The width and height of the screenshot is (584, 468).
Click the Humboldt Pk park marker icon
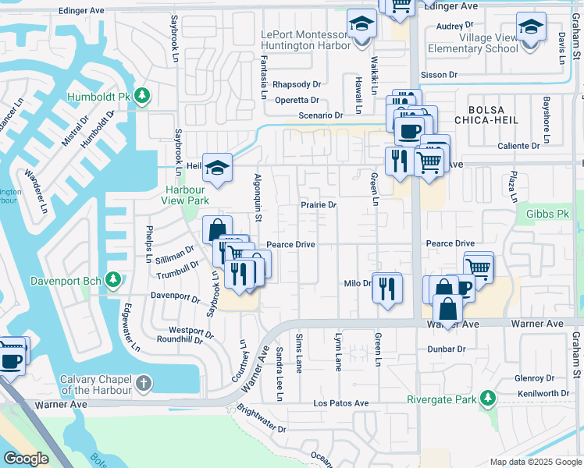pos(141,96)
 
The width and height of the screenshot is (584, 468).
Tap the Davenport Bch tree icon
pos(113,279)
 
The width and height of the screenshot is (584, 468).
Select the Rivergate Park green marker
pos(488,399)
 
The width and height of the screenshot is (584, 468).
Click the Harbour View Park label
pos(185,195)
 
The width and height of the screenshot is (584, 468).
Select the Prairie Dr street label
pos(319,205)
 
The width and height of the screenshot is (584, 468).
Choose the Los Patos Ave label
pos(340,403)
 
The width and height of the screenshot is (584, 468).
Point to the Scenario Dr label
pos(321,115)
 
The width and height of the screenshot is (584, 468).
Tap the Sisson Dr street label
pos(439,75)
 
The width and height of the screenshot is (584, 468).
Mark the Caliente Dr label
pos(519,146)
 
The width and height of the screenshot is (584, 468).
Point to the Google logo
pos(26,459)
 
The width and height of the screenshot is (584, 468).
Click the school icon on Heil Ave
pos(219,166)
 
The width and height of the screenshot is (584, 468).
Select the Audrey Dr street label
pos(450,26)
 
